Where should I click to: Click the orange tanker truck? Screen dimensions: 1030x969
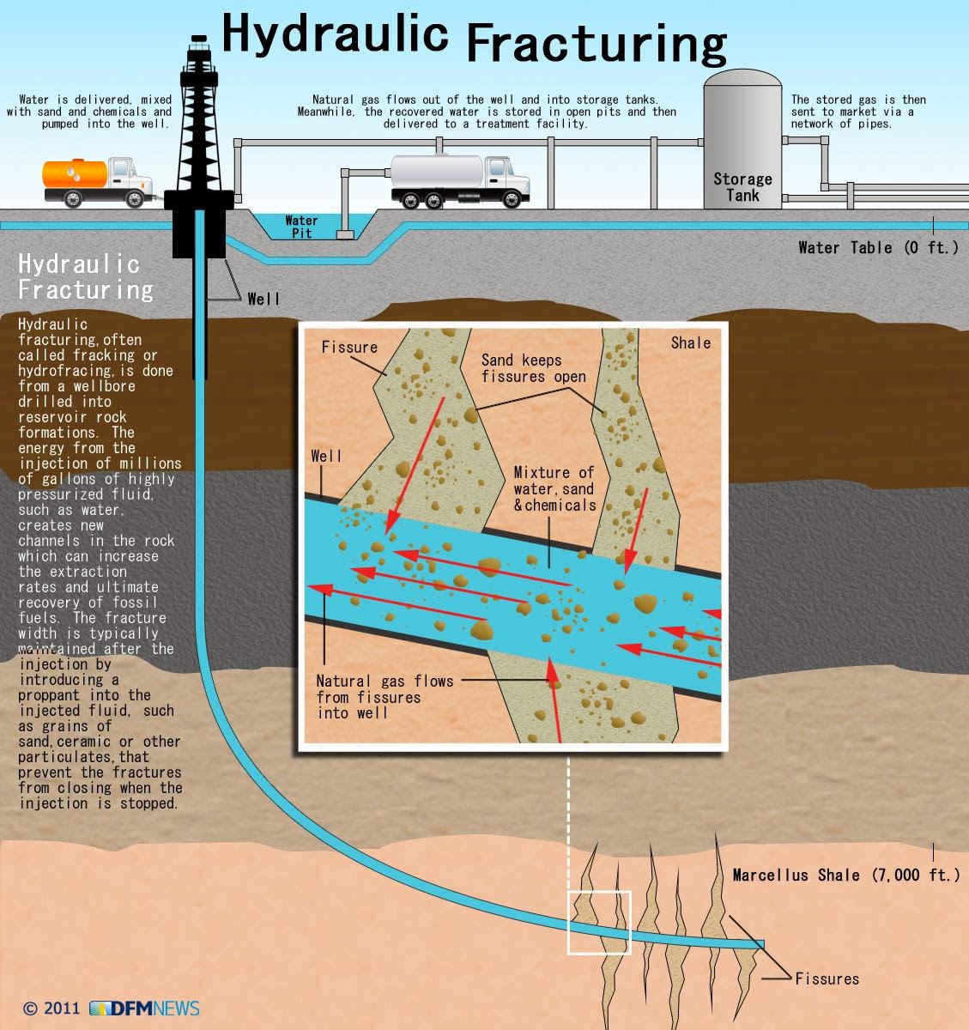click(x=97, y=181)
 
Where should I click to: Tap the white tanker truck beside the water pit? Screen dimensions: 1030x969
click(x=459, y=179)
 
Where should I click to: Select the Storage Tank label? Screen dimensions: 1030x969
click(x=742, y=187)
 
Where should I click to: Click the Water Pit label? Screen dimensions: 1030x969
click(x=301, y=227)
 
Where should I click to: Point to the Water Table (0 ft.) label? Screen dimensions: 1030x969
click(x=878, y=248)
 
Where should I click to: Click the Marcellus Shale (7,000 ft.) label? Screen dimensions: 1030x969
click(x=845, y=875)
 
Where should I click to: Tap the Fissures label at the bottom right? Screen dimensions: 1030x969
click(x=827, y=978)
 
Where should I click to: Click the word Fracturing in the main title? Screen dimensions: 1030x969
click(x=596, y=43)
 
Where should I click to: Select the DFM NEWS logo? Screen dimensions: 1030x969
click(x=144, y=1008)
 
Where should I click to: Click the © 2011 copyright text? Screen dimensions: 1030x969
click(x=51, y=1008)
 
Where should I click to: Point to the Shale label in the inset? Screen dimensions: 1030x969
click(x=691, y=342)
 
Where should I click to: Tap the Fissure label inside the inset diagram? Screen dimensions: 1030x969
click(x=349, y=347)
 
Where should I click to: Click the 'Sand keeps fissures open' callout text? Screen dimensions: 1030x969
click(x=533, y=368)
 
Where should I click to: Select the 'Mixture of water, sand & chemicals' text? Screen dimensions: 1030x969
click(x=554, y=488)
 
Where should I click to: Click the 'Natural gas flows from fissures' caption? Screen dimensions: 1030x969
click(x=384, y=696)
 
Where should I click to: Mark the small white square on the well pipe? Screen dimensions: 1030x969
click(x=599, y=923)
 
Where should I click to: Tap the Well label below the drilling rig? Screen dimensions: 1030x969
click(x=263, y=299)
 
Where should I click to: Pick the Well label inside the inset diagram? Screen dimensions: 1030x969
click(x=326, y=456)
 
